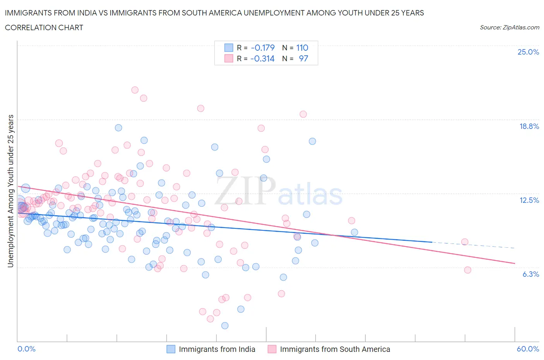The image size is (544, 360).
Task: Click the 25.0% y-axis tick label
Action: pyautogui.click(x=528, y=52)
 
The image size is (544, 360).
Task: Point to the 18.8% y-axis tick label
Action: pyautogui.click(x=529, y=126)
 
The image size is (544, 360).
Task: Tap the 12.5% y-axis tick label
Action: pyautogui.click(x=529, y=200)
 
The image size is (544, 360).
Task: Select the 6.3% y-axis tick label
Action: pyautogui.click(x=530, y=274)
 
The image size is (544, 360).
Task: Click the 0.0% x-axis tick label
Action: pyautogui.click(x=26, y=349)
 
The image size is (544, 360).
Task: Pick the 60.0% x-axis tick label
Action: pyautogui.click(x=528, y=349)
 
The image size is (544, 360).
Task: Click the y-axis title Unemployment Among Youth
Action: pyautogui.click(x=10, y=191)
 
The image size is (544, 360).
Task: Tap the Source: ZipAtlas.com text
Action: pyautogui.click(x=509, y=27)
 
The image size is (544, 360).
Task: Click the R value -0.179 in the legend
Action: pyautogui.click(x=262, y=48)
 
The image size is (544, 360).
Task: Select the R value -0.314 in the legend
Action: pyautogui.click(x=262, y=58)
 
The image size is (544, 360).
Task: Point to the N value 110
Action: pyautogui.click(x=302, y=48)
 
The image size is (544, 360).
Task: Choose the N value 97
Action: pyautogui.click(x=303, y=58)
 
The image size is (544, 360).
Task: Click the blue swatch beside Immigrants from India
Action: pyautogui.click(x=171, y=349)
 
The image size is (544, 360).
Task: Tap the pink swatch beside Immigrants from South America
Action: pyautogui.click(x=272, y=349)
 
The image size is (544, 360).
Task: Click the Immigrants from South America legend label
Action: pyautogui.click(x=335, y=349)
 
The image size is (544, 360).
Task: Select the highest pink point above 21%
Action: pyautogui.click(x=135, y=90)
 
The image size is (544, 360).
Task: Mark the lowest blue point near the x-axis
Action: pyautogui.click(x=224, y=326)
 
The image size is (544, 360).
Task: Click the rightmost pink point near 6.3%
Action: pyautogui.click(x=467, y=270)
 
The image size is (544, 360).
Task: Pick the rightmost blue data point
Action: pyautogui.click(x=354, y=232)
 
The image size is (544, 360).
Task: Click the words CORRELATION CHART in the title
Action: pyautogui.click(x=44, y=27)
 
